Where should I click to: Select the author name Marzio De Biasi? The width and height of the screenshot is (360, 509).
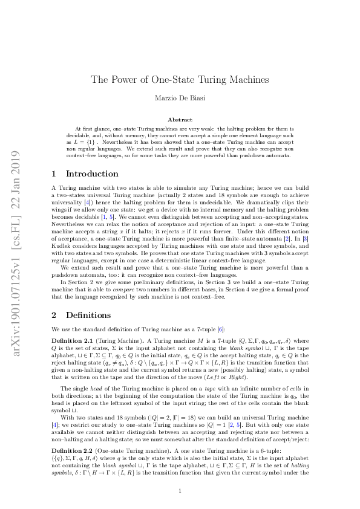click(x=180, y=99)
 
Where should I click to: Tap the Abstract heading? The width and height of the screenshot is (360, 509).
click(x=180, y=120)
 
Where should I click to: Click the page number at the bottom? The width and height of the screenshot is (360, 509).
click(x=180, y=491)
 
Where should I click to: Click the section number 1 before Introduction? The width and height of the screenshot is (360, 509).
click(x=54, y=174)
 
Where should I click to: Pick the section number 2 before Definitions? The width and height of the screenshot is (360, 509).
click(x=54, y=315)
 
